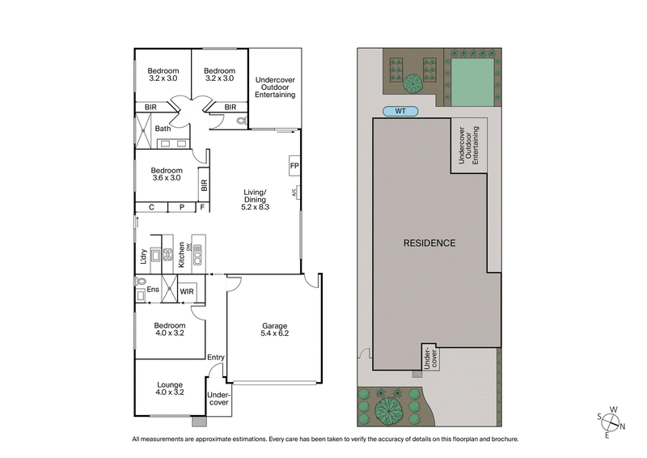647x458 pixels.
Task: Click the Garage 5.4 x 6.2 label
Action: tap(274, 330)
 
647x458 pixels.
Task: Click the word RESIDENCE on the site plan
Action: tap(429, 243)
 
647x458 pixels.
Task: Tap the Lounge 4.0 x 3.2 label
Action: tap(168, 389)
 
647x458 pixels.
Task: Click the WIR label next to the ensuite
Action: tap(187, 290)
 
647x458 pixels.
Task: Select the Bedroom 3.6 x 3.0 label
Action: tap(167, 175)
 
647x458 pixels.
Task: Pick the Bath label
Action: tap(163, 129)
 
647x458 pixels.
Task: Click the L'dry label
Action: tap(143, 257)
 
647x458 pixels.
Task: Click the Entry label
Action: tap(216, 358)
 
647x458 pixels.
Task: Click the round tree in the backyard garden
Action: tap(412, 82)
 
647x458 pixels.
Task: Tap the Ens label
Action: tap(152, 290)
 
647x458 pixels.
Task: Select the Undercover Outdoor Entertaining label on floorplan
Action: tap(274, 87)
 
